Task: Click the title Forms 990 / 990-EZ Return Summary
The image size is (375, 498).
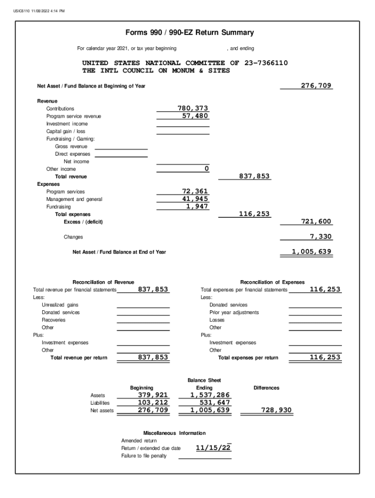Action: [x=189, y=33]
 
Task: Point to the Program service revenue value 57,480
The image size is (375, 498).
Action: [x=196, y=116]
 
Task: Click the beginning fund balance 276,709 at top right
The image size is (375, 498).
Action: [x=316, y=86]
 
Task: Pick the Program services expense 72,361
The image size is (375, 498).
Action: [x=195, y=192]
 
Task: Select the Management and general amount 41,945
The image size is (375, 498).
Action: [x=195, y=199]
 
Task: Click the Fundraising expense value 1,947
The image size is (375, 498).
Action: [x=197, y=206]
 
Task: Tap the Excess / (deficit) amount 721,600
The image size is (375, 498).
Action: [x=316, y=222]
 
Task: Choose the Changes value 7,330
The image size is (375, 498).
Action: [x=320, y=237]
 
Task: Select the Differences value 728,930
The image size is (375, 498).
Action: [x=277, y=410]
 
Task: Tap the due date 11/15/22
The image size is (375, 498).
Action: [x=213, y=448]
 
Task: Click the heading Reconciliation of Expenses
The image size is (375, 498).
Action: [x=272, y=282]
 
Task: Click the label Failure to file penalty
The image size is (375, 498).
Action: [x=144, y=456]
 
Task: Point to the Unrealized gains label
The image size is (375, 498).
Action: [x=60, y=305]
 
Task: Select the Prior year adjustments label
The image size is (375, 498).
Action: [x=234, y=312]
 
